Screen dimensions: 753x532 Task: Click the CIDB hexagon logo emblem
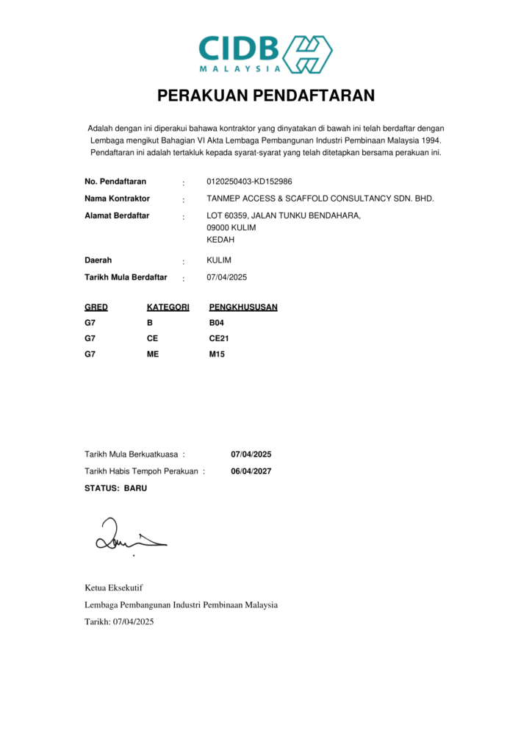click(x=308, y=54)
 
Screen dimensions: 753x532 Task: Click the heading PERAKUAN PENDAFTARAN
click(x=266, y=96)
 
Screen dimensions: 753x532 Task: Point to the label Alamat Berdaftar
click(x=117, y=215)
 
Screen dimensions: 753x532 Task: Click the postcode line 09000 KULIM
click(x=231, y=227)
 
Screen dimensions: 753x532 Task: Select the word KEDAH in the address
click(x=220, y=240)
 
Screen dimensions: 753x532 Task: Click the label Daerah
click(x=98, y=260)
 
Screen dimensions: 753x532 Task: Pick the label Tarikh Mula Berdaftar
click(x=126, y=277)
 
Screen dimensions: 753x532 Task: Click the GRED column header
click(x=96, y=307)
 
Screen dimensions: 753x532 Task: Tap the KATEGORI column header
click(x=168, y=307)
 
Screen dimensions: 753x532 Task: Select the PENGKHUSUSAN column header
click(x=243, y=307)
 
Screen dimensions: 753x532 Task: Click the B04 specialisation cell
click(x=217, y=323)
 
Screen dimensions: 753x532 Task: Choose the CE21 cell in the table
click(x=220, y=338)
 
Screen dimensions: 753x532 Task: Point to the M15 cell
click(x=217, y=354)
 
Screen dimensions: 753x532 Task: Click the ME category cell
click(x=153, y=354)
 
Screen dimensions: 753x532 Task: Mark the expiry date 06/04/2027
click(x=251, y=471)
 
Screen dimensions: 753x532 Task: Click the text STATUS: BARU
click(x=116, y=488)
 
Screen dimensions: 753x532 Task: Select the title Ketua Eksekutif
click(x=114, y=588)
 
